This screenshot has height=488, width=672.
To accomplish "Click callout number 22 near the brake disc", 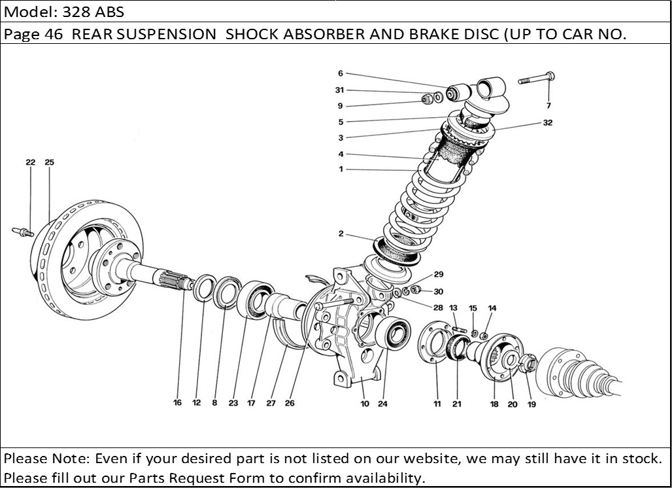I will [x=30, y=162].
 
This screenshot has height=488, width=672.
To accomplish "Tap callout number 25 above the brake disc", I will [x=49, y=162].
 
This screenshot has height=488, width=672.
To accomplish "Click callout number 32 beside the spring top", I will [x=547, y=122].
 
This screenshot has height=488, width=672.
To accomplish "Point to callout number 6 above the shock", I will [x=341, y=73].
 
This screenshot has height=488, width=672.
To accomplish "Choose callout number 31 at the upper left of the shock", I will [x=339, y=90].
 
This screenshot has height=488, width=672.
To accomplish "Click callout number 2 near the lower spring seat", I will [x=341, y=234].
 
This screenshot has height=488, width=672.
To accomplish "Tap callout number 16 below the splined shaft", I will [x=177, y=403].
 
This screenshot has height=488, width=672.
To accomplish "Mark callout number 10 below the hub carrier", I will [x=365, y=404].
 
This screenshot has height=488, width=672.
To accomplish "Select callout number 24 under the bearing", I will [x=382, y=404].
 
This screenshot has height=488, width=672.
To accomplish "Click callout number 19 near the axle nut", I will [x=531, y=404].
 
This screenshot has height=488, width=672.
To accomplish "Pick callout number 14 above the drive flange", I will [x=492, y=307].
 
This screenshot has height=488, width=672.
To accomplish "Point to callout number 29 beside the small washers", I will [x=439, y=275].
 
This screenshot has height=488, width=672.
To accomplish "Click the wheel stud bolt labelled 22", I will [x=24, y=230].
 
